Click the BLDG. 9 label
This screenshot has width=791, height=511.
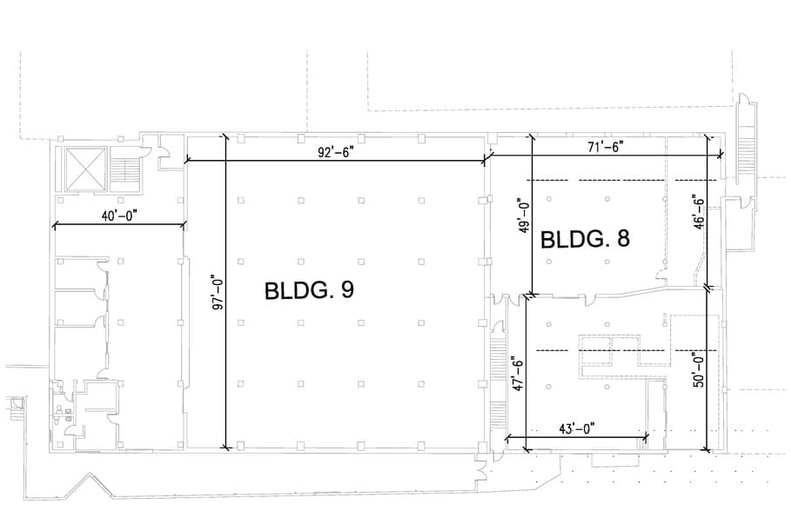309,291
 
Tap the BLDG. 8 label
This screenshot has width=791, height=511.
585,238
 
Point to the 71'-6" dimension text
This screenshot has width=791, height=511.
606,147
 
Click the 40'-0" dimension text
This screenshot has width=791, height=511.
119,216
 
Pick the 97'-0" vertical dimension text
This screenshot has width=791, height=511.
218,292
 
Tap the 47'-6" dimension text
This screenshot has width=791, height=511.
518,374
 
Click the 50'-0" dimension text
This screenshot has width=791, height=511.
699,369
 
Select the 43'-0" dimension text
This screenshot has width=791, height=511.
577,428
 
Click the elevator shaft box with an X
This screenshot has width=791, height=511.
86,169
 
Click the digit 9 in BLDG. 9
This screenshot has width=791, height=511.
347,291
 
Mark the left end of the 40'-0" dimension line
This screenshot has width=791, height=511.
54,225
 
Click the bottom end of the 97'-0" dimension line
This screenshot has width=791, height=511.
225,447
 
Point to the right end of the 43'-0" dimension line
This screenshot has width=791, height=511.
647,437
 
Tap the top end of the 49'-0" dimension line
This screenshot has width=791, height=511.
531,136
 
